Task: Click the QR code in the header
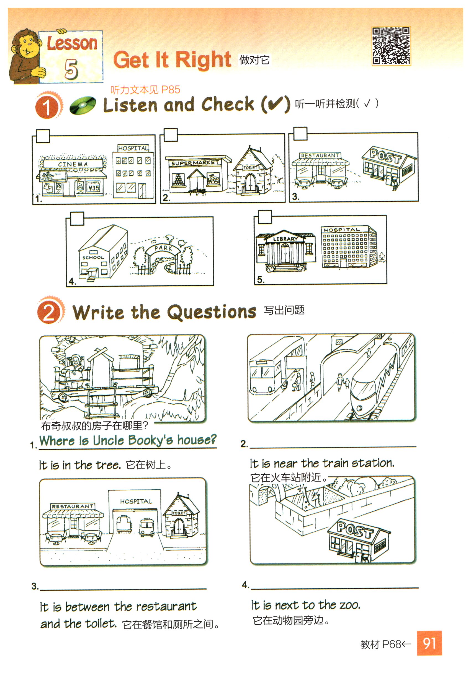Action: [x=391, y=46]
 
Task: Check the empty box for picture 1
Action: [x=43, y=136]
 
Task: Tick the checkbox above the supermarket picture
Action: [x=171, y=135]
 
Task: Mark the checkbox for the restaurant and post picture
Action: [x=300, y=134]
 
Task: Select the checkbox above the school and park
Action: [x=77, y=219]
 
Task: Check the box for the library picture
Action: [x=265, y=217]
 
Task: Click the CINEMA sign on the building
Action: [x=73, y=164]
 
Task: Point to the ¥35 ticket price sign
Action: [x=94, y=188]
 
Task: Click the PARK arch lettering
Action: [x=163, y=248]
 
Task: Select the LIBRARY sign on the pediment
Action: [x=285, y=238]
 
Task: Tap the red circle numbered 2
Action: [x=49, y=313]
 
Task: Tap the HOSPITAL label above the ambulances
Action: [x=136, y=502]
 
